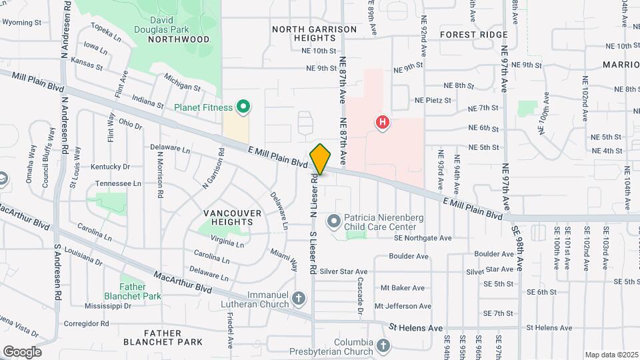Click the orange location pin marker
pos(321,159)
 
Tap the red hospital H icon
pos(383,122)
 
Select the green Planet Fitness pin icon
pos(244,107)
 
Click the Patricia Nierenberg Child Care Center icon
pos(333,220)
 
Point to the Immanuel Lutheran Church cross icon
pos(299,299)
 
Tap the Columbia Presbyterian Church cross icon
pos(383,345)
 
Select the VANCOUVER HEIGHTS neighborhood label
pos(232,218)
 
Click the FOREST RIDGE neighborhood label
pos(474,35)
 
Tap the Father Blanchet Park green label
pos(133,291)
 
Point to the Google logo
pos(22,351)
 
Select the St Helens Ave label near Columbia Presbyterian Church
pos(417,328)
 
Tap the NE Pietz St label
pos(433,101)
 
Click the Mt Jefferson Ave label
pos(403,306)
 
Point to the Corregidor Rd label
pos(86,323)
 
